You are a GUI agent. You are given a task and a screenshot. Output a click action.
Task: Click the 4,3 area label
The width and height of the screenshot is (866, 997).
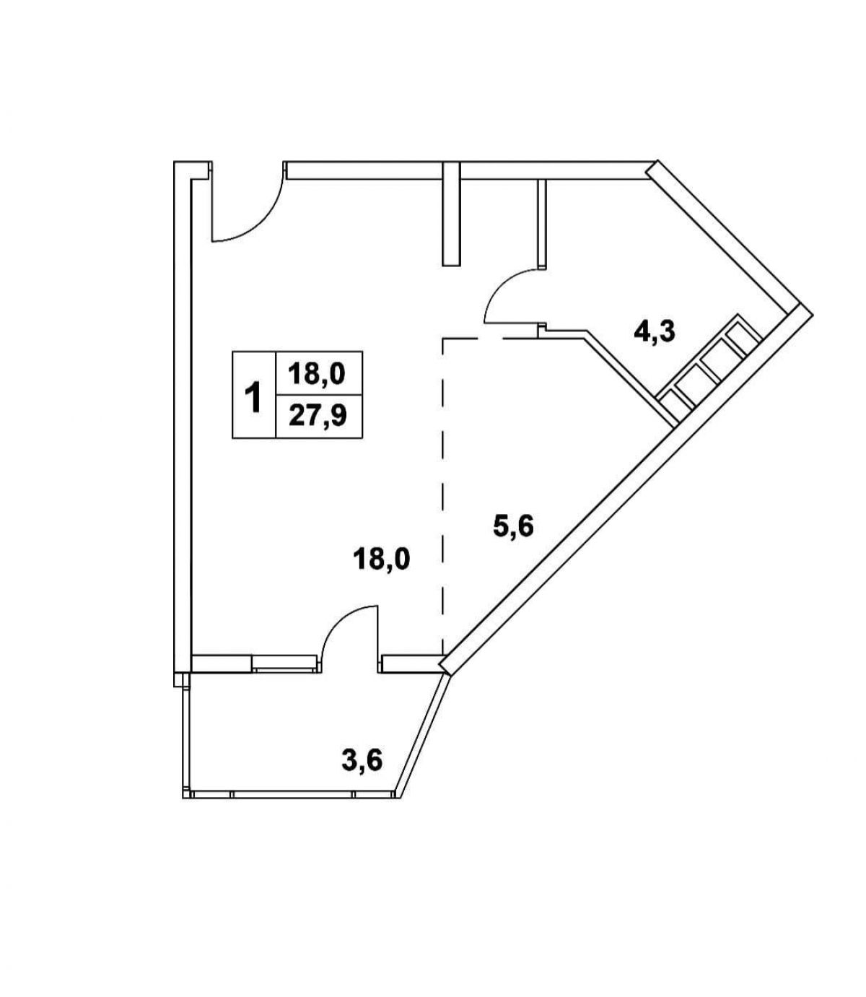pos(655,332)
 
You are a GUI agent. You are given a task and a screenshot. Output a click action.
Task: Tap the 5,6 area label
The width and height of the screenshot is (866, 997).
pos(514,526)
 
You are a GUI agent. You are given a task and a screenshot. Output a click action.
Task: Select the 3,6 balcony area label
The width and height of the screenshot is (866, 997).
pos(362,760)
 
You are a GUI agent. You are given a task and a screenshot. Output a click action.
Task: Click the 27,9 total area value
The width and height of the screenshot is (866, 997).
pos(318,416)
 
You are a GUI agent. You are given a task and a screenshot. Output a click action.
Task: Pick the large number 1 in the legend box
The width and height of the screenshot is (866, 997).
pos(253,398)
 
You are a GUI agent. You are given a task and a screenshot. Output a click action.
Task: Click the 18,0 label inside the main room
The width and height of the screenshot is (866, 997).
pos(381,559)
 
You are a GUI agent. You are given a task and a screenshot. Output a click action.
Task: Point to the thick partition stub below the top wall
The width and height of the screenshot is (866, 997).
pos(451,214)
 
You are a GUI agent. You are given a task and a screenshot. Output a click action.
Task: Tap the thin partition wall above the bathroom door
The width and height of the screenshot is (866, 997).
pos(542,223)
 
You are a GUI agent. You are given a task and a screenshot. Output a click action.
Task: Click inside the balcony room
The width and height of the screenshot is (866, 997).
pos(292,731)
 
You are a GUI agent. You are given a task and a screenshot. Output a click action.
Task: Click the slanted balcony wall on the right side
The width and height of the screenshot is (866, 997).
pos(423,736)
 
